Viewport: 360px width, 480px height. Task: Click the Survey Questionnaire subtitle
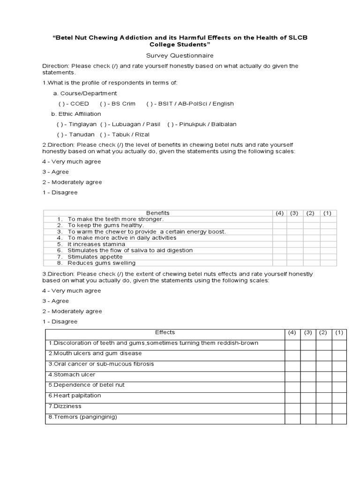[180, 55]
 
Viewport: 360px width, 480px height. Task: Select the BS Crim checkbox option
[103, 104]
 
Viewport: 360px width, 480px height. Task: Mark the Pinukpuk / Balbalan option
[171, 124]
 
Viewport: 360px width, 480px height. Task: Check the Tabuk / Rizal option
[103, 135]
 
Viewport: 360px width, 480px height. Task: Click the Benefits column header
[158, 213]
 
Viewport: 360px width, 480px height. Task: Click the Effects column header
[165, 332]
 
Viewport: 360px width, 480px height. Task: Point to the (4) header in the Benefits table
[280, 213]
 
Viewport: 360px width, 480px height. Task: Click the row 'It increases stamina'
[96, 244]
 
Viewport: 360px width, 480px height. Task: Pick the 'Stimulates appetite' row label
[95, 257]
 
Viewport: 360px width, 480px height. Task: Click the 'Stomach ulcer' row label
[72, 375]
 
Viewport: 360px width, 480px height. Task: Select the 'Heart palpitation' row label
[75, 396]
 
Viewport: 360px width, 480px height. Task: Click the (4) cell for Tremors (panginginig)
[292, 417]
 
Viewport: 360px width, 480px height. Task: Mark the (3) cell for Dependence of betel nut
[308, 385]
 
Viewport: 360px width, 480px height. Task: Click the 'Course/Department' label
[85, 93]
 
